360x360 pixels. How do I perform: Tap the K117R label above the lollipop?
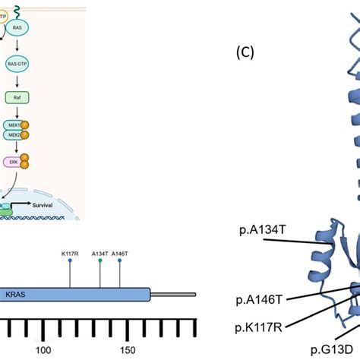(71, 253)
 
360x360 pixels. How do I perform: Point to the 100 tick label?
(43, 349)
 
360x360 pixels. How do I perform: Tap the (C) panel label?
(246, 52)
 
